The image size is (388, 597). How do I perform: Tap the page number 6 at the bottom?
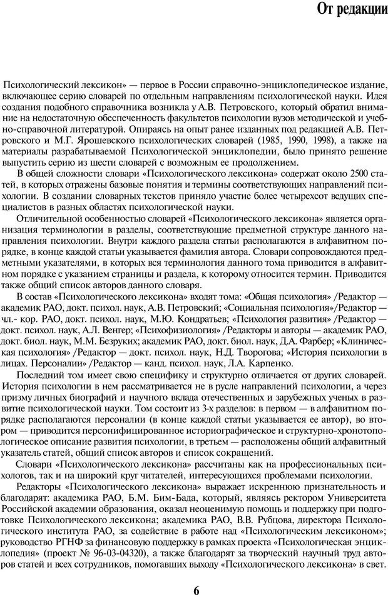click(197, 574)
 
